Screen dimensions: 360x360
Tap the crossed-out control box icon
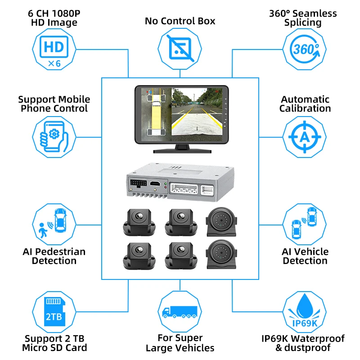180,49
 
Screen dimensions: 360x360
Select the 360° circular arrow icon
305,49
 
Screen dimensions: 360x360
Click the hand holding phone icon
54,137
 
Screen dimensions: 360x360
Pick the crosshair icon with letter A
305,137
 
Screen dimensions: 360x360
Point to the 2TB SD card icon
54,311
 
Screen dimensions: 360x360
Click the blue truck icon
180,312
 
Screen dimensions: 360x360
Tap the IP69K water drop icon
305,310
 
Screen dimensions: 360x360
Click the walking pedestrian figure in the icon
42,230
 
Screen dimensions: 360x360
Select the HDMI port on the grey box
155,184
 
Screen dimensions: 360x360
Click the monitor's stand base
182,151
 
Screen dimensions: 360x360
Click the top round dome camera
221,222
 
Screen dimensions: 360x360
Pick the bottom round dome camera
221,254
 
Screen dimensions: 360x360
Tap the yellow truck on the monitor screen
156,115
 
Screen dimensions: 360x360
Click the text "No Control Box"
180,21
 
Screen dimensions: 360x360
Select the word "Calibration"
305,108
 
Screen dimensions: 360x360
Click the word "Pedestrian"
60,252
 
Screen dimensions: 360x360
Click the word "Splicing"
302,23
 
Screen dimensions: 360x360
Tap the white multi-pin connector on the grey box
184,189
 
